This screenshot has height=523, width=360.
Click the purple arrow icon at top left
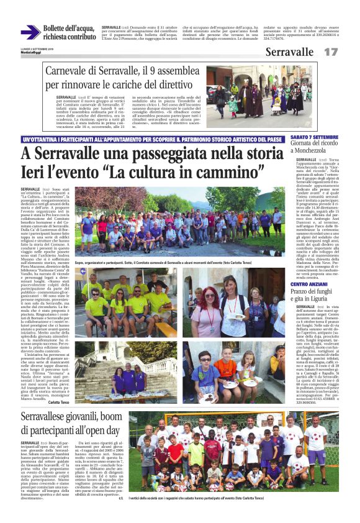30,33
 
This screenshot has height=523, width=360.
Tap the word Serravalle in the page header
289,52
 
